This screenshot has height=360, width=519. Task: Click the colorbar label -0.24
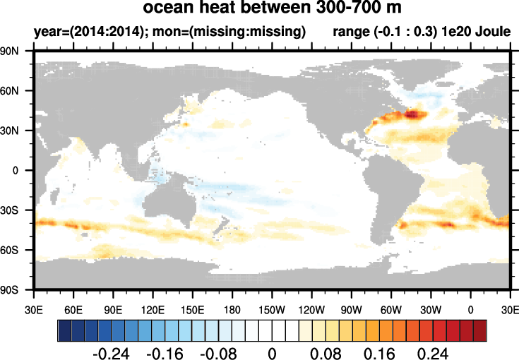tap(112, 352)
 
